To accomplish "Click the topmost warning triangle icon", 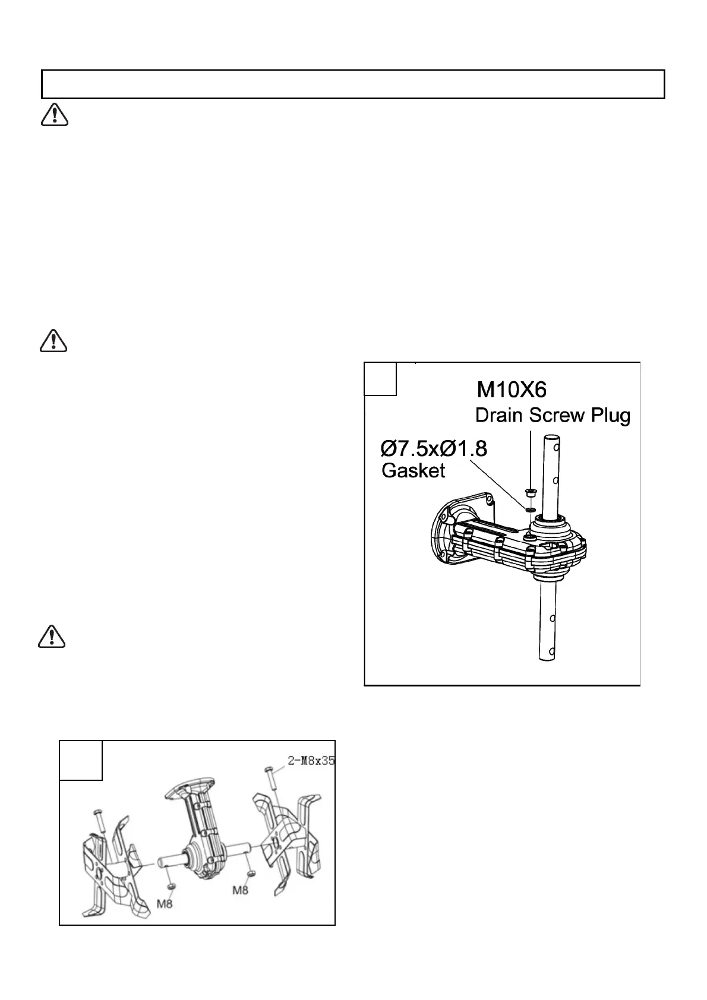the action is pyautogui.click(x=55, y=115).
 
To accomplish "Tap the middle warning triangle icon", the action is pyautogui.click(x=53, y=341).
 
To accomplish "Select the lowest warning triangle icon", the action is pyautogui.click(x=52, y=637).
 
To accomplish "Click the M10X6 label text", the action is pyautogui.click(x=512, y=390).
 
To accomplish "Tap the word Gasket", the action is pyautogui.click(x=413, y=471).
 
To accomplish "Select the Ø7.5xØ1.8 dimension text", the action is pyautogui.click(x=434, y=448).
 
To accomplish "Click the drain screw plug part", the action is pyautogui.click(x=530, y=492).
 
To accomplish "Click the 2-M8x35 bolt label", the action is pyautogui.click(x=311, y=761).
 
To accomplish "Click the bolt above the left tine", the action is pyautogui.click(x=98, y=819).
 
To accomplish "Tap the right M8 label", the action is pyautogui.click(x=241, y=890).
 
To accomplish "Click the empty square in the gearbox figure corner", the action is pyautogui.click(x=380, y=379).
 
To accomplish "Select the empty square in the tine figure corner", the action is pyautogui.click(x=81, y=760).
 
